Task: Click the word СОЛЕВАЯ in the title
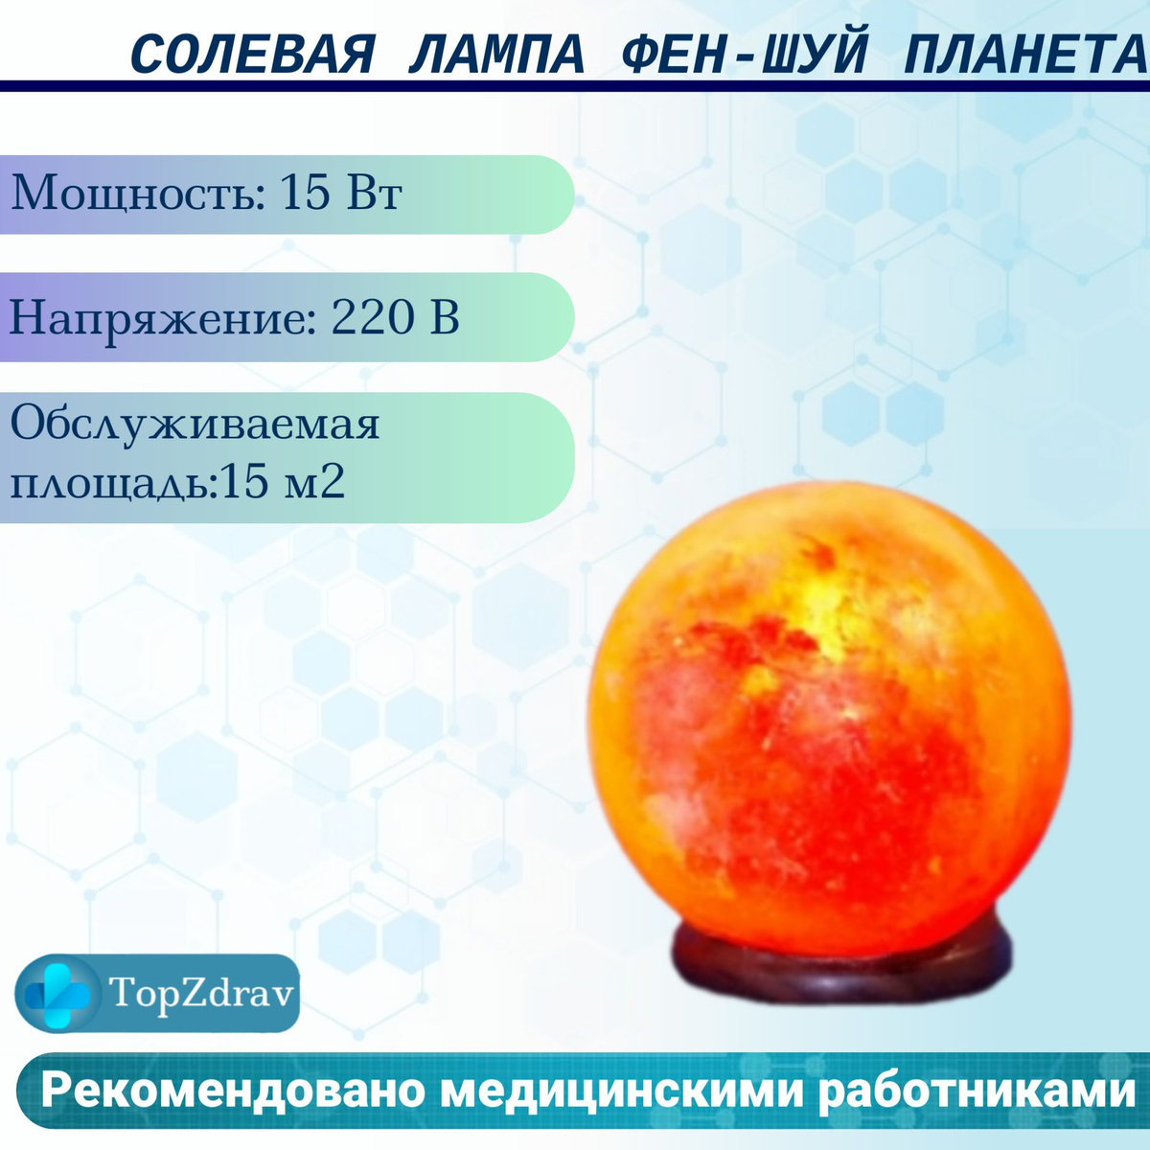[253, 55]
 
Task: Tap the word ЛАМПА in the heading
[496, 55]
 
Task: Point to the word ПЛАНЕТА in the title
[1025, 55]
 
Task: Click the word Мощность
[138, 193]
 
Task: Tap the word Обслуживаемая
[195, 424]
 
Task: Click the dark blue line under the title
[575, 86]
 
